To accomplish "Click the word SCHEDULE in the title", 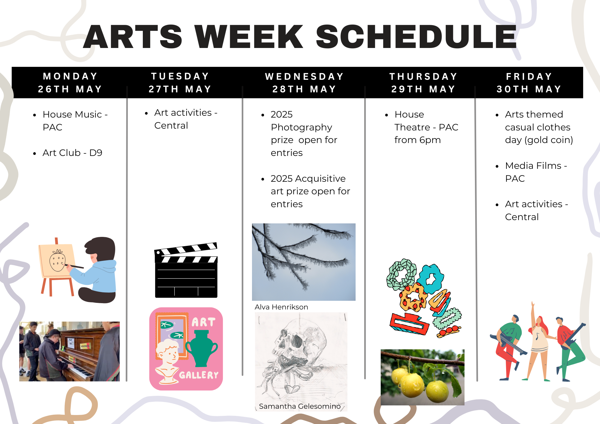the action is click(416, 37).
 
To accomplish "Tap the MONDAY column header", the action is click(70, 76).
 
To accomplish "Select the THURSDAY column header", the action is click(423, 76).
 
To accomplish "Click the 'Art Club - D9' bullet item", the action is click(72, 153).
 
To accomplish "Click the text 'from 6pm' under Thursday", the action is click(417, 140).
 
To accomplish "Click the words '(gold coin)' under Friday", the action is click(549, 140).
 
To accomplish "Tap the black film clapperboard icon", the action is click(186, 270).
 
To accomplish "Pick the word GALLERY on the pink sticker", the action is click(199, 375).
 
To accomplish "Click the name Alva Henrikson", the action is click(281, 307).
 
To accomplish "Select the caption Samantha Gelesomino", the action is click(300, 406).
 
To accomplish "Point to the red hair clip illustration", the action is click(409, 324).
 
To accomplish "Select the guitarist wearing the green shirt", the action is click(508, 348).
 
